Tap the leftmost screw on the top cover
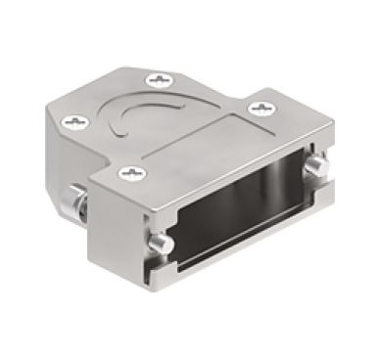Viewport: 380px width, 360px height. coord(77,122)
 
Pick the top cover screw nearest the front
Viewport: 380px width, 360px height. coord(127,174)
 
